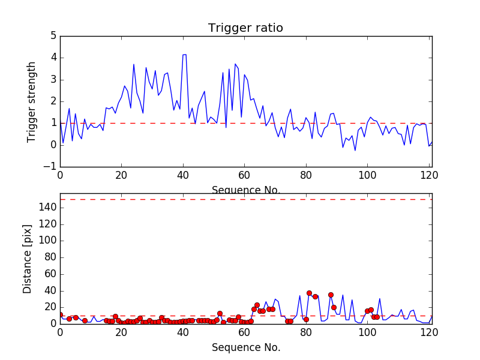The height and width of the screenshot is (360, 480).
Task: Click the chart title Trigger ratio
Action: click(x=245, y=28)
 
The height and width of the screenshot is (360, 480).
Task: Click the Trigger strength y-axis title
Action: click(x=32, y=101)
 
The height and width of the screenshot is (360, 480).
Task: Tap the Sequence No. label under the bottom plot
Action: click(x=245, y=347)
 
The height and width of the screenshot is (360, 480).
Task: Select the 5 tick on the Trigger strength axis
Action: click(x=53, y=36)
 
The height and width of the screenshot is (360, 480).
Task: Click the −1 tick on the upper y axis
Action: click(x=50, y=167)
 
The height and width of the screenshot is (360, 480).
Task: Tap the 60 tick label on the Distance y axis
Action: click(x=50, y=274)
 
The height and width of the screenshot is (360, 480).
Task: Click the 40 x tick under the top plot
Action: click(x=183, y=175)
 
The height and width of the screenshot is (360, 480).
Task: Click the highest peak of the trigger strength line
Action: click(x=184, y=55)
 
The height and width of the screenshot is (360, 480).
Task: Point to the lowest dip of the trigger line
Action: click(x=355, y=150)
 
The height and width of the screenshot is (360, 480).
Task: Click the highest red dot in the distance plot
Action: click(x=309, y=293)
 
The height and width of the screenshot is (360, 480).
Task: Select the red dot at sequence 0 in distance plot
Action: click(x=60, y=314)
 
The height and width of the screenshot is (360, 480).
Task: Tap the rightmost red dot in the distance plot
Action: click(x=377, y=317)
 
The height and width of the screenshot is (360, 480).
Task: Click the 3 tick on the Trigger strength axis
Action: click(x=53, y=80)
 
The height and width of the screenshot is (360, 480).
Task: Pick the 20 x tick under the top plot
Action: click(x=122, y=175)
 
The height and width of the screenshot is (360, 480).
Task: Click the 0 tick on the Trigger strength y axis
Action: click(x=53, y=145)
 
